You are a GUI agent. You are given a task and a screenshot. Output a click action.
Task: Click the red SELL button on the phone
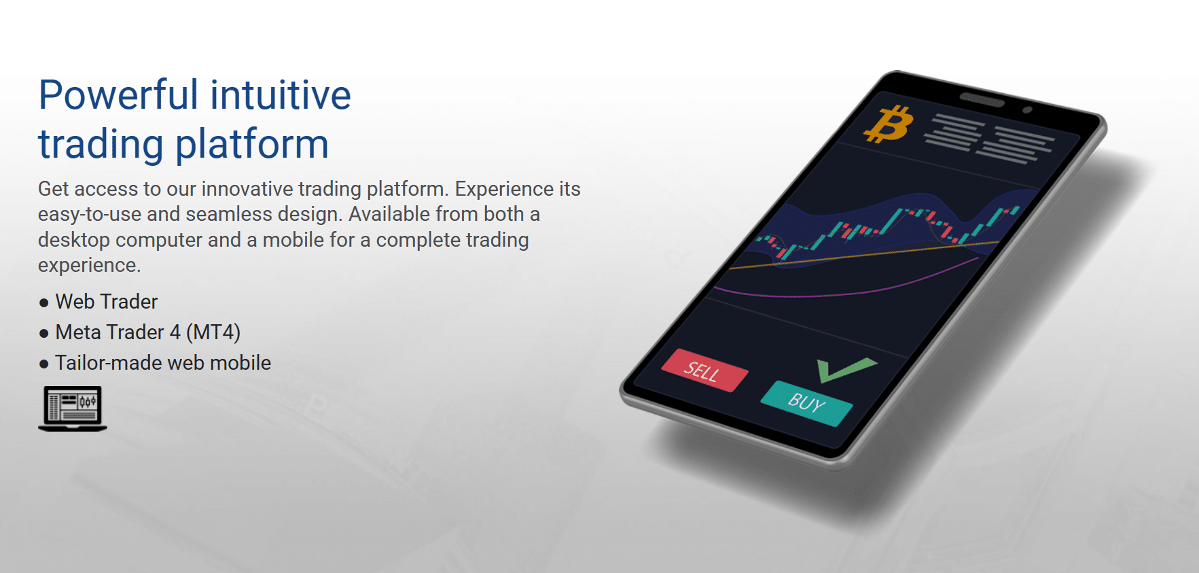704,370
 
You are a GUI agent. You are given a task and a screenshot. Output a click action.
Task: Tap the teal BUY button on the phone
806,403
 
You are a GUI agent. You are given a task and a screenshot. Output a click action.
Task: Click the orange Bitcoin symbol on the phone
888,124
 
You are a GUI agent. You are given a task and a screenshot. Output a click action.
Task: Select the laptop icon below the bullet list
73,409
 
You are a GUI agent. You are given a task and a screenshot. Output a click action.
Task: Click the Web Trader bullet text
107,301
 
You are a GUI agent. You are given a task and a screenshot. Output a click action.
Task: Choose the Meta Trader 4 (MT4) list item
148,332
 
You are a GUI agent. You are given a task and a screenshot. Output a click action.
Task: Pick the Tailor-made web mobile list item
163,362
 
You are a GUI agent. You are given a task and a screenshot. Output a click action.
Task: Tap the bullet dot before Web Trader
44,302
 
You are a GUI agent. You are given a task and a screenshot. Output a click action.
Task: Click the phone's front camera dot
1027,109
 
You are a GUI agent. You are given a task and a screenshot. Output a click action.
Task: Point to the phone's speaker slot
982,100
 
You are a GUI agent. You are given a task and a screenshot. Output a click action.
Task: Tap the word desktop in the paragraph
74,240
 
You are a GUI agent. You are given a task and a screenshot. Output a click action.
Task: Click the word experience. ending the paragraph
89,265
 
